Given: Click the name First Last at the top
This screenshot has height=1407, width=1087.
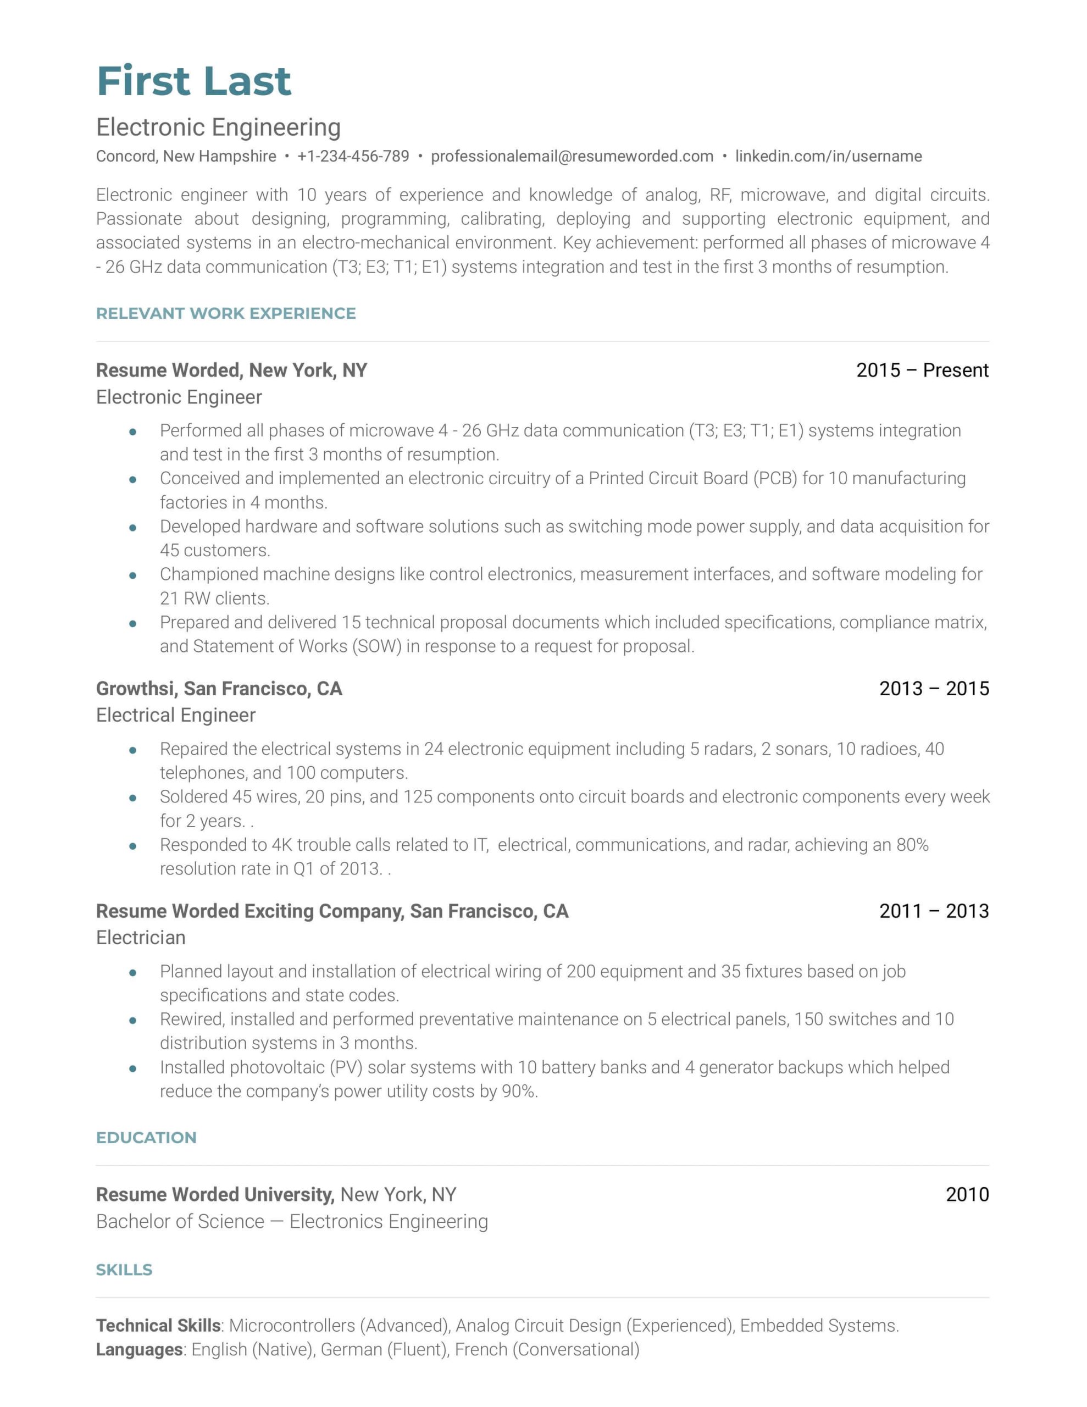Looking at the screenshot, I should tap(193, 81).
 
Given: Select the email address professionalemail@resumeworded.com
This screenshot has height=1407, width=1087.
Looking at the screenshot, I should tap(572, 157).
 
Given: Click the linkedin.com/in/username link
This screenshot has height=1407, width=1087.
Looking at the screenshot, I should tap(828, 157).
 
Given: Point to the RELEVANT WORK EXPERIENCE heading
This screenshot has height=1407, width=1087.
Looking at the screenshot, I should tap(225, 314).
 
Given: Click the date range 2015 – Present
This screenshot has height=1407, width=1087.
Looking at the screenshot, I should tap(922, 370).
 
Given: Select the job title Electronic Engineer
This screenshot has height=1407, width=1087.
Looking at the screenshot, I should tap(179, 397).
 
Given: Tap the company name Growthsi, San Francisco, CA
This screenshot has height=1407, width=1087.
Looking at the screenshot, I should tap(219, 689).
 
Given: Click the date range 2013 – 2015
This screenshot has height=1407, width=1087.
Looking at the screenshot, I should tap(934, 689).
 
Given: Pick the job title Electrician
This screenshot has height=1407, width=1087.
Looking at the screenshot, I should tap(141, 938).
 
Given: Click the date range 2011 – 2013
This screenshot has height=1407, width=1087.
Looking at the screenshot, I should tap(934, 911).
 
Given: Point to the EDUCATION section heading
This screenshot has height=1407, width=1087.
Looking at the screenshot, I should tap(146, 1138).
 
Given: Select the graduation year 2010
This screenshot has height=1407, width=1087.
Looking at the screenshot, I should tap(967, 1194).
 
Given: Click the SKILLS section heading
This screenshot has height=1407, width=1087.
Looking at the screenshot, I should tap(124, 1270).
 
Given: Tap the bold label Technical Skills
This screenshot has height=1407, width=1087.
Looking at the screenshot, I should tap(158, 1325).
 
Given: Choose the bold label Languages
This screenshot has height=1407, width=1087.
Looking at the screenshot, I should tap(139, 1349).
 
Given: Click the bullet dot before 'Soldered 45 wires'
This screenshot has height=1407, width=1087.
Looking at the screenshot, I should tap(133, 797).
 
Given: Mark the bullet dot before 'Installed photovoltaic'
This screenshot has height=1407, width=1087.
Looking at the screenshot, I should tap(133, 1068).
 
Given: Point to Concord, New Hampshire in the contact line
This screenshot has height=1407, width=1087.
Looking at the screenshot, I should tap(186, 157).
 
